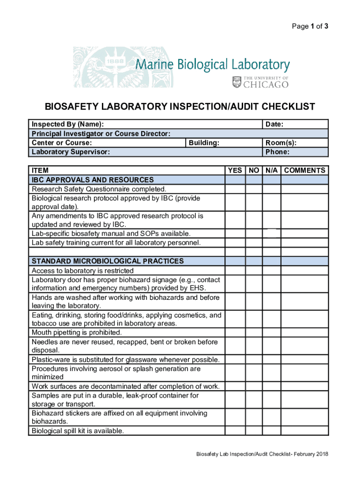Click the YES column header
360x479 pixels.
(235, 171)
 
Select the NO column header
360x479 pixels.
(254, 171)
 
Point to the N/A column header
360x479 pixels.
(272, 171)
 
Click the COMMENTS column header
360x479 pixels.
(305, 171)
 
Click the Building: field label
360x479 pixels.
(204, 143)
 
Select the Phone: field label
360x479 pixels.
(277, 152)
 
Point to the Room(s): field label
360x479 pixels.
(281, 143)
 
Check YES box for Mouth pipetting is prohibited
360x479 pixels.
(235, 333)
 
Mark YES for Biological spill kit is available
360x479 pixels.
(235, 431)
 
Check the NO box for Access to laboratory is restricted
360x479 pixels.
(254, 271)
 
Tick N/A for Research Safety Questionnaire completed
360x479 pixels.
(272, 189)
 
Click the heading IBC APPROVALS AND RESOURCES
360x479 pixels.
(93, 180)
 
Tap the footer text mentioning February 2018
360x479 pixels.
(262, 454)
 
